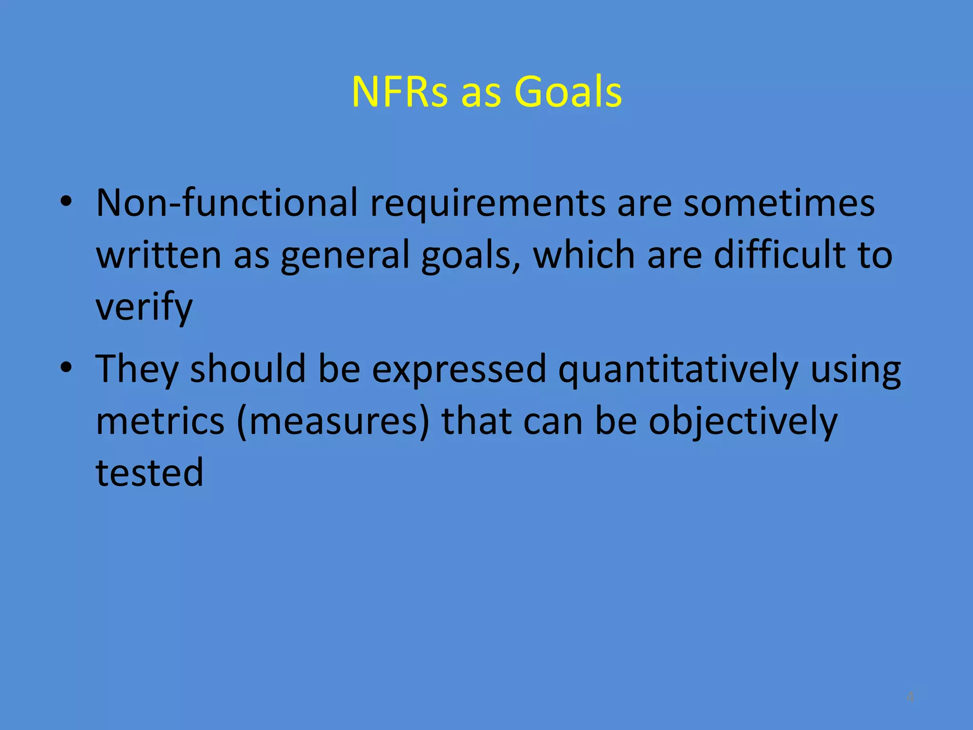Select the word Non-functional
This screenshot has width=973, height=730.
pyautogui.click(x=227, y=203)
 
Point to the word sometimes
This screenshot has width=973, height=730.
pyautogui.click(x=779, y=203)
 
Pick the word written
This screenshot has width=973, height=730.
pyautogui.click(x=159, y=255)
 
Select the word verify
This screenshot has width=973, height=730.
pyautogui.click(x=144, y=308)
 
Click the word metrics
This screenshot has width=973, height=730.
pyautogui.click(x=160, y=421)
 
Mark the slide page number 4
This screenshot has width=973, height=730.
pyautogui.click(x=910, y=697)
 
